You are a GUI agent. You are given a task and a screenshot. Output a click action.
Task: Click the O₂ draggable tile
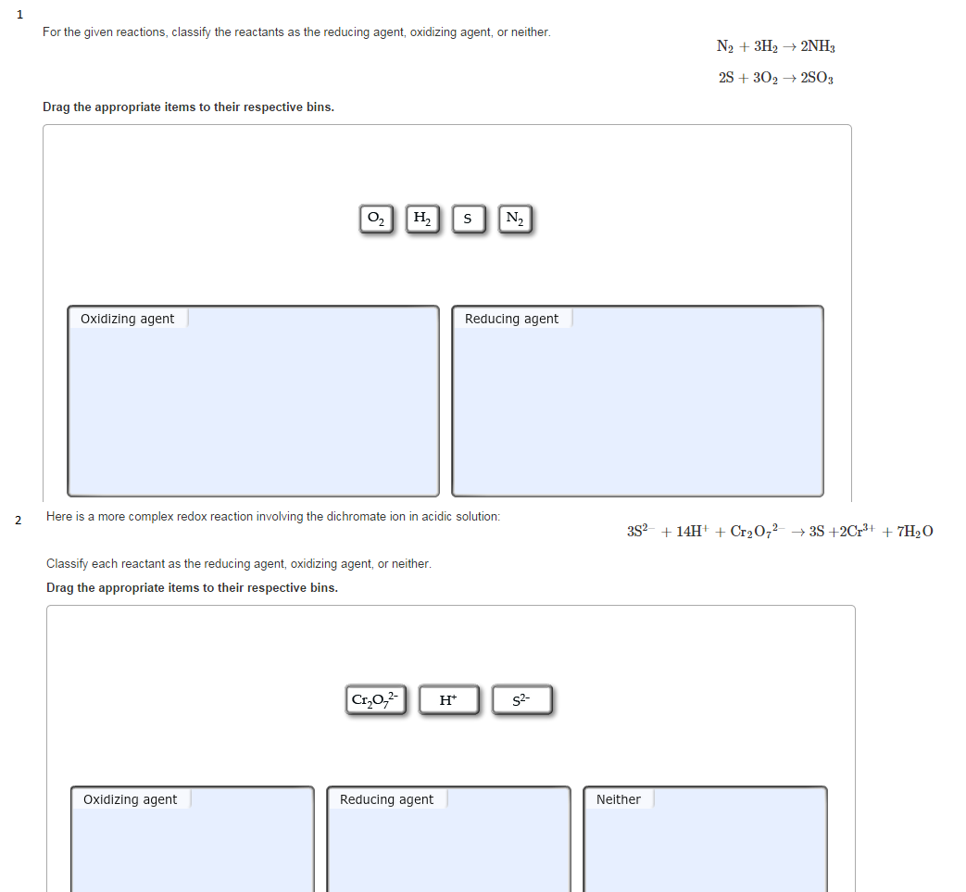375,220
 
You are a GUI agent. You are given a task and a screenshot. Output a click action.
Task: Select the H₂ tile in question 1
421,220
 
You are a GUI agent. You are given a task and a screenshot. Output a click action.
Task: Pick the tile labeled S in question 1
468,220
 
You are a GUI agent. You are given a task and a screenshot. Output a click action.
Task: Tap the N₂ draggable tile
515,220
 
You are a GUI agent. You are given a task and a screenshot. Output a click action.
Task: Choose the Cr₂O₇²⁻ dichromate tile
376,700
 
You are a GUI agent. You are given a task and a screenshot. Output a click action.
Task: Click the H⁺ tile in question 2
448,700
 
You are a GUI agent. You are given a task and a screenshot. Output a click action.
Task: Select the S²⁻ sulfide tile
522,700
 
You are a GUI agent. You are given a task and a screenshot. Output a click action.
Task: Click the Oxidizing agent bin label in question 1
128,319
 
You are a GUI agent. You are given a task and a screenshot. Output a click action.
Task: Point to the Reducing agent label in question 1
511,319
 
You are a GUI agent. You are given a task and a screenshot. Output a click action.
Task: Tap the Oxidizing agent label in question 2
131,799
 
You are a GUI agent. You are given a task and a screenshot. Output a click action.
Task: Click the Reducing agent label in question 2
386,799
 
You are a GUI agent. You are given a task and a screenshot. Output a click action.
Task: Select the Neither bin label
618,799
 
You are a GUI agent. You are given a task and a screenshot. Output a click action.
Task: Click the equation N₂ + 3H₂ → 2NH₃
776,46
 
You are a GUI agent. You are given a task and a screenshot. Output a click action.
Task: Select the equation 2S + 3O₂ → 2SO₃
776,78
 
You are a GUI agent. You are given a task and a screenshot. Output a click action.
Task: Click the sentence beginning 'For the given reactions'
296,32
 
